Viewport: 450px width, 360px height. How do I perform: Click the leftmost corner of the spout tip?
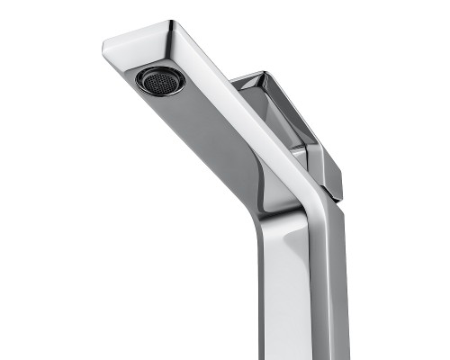[103, 42]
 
